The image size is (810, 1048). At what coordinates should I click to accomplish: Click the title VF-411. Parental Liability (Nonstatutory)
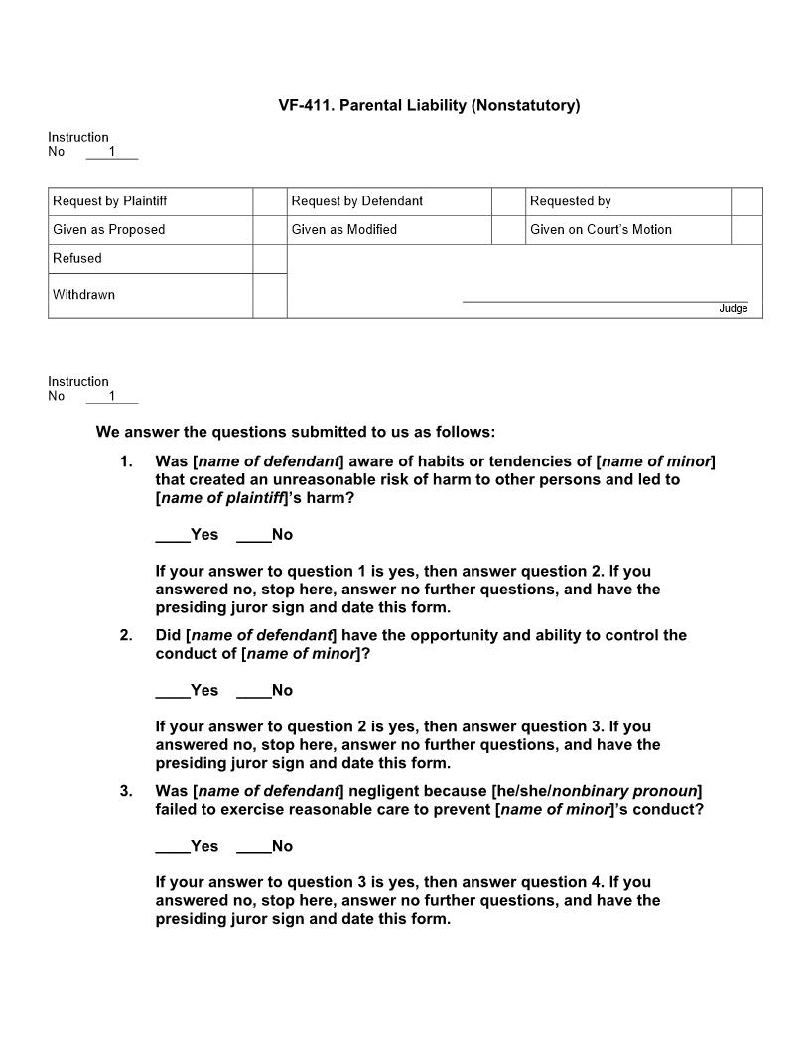click(x=429, y=105)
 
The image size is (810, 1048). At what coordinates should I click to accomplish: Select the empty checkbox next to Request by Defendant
click(x=507, y=201)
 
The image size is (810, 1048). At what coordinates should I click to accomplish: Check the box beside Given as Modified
click(x=507, y=230)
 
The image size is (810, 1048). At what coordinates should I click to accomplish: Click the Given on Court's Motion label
click(x=601, y=230)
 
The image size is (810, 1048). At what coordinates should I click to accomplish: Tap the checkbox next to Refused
click(x=269, y=259)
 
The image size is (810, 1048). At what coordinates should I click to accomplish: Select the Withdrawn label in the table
click(x=83, y=295)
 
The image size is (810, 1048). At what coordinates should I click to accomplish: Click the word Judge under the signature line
click(x=733, y=309)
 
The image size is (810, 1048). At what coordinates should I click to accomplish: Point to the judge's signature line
click(x=605, y=300)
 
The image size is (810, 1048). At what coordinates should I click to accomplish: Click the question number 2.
click(x=126, y=635)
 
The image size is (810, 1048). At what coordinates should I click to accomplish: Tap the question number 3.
click(x=126, y=791)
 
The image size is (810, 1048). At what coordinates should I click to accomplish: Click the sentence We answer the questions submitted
click(x=295, y=432)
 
